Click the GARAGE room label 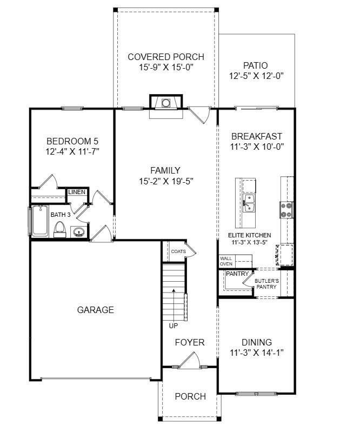tap(96, 310)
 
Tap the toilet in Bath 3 tap(59, 230)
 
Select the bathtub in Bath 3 tap(40, 221)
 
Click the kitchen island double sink tap(249, 204)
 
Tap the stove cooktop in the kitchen tap(286, 209)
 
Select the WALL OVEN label tap(226, 261)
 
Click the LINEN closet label tap(76, 192)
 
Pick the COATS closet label tap(178, 251)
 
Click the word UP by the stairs tap(173, 325)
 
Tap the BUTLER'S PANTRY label tap(267, 284)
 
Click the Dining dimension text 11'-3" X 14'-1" tap(257, 353)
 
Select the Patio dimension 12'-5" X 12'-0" tap(256, 76)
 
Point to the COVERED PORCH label tap(166, 57)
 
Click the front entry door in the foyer tap(190, 361)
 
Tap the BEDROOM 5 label tap(72, 142)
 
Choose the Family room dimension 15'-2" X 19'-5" tap(165, 181)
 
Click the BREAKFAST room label tap(257, 136)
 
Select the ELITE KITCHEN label tap(250, 235)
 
